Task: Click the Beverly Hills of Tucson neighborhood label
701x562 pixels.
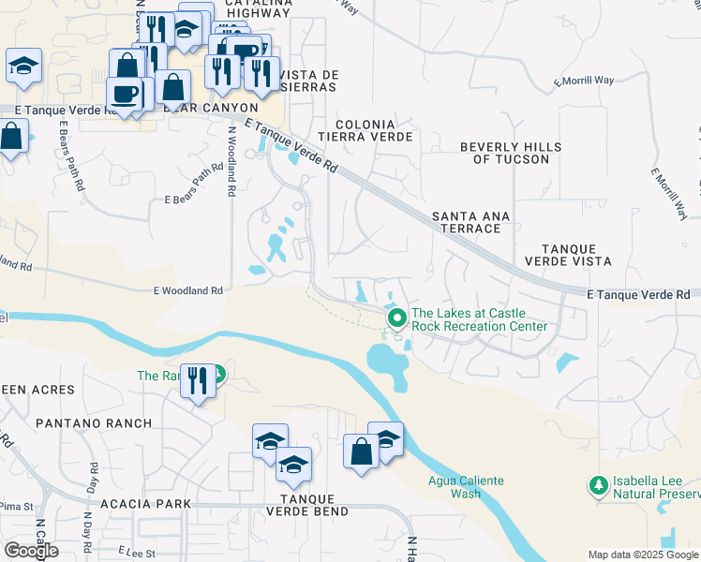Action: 511,153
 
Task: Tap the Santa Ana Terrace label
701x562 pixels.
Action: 470,222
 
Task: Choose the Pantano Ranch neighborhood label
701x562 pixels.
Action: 94,423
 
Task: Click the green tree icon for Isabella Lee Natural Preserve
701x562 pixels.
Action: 597,485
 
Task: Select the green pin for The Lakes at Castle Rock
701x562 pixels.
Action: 396,318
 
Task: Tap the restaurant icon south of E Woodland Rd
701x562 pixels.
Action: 196,380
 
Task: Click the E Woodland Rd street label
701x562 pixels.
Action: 188,291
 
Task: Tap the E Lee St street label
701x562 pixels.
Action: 137,554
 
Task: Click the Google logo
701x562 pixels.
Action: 31,550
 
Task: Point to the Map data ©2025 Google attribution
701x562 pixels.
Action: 643,555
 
